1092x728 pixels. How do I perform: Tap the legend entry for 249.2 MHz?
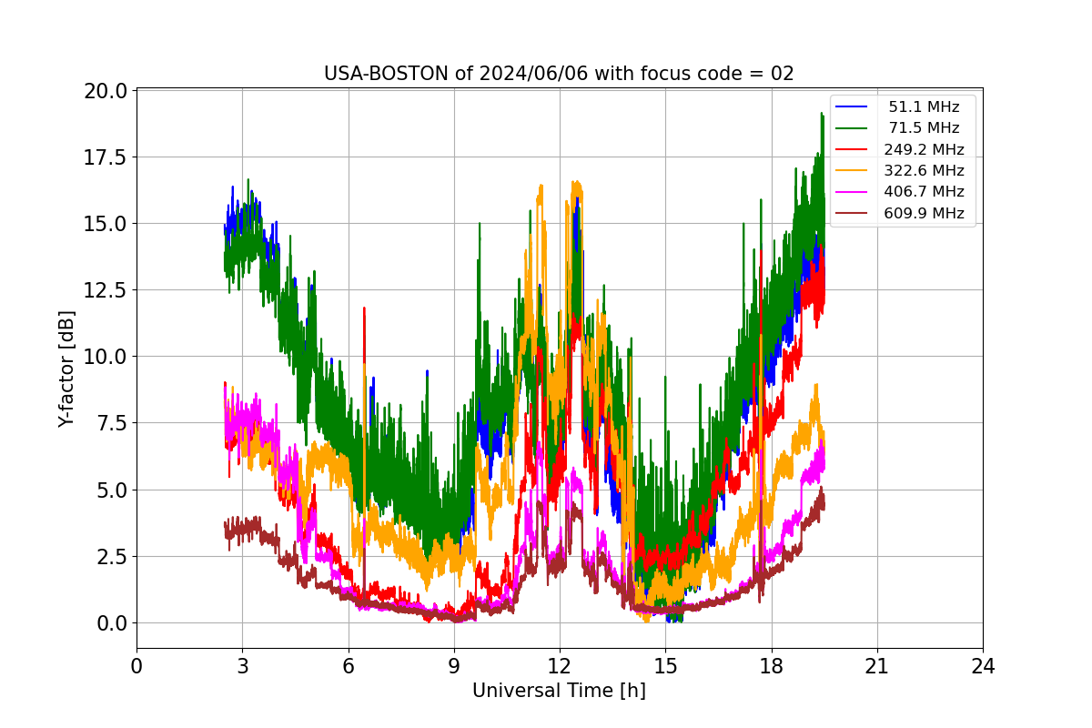pos(899,149)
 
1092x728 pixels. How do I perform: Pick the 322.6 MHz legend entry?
pos(899,170)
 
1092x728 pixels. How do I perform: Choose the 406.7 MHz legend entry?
pos(899,192)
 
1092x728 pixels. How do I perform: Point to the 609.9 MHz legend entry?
pos(899,213)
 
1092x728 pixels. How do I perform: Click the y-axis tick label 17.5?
pos(105,157)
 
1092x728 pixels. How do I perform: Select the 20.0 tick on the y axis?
pos(105,91)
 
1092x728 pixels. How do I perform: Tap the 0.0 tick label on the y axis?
pos(112,623)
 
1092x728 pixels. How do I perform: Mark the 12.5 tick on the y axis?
pos(105,290)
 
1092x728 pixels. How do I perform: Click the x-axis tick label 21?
pos(877,666)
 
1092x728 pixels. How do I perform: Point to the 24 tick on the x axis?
pos(983,666)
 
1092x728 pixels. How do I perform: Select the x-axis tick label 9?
pos(454,666)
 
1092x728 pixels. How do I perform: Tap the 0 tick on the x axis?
pos(136,666)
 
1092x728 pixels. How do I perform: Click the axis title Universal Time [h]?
pos(559,691)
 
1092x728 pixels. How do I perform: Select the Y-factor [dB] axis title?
pos(66,369)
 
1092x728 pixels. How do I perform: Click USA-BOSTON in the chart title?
pos(386,74)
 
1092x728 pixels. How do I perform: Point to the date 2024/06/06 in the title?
pos(533,74)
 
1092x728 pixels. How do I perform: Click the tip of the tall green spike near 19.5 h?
pos(822,113)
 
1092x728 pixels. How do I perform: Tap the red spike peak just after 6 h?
pos(364,308)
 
